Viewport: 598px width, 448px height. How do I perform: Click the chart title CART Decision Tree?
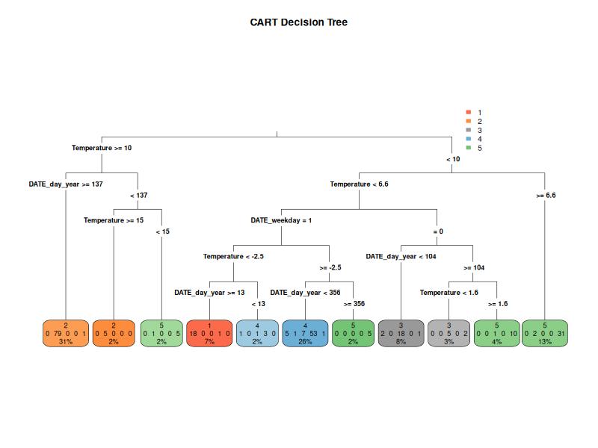click(298, 22)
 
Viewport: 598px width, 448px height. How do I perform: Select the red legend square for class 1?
click(469, 112)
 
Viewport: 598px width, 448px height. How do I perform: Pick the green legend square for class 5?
click(469, 148)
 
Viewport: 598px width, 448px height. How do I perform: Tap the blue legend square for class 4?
click(469, 139)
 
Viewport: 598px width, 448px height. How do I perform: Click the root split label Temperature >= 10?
click(102, 148)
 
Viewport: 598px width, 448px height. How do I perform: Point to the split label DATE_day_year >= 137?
click(66, 184)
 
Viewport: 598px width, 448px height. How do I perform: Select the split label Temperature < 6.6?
click(359, 184)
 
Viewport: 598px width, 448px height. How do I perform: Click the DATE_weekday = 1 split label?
click(281, 220)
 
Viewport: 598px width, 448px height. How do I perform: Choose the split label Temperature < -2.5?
click(233, 256)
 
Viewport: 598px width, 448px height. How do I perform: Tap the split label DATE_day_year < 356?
click(305, 293)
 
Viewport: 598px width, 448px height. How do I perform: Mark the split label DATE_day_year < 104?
click(401, 256)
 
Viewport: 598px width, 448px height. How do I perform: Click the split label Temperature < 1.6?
click(449, 293)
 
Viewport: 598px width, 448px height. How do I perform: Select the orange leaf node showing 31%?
click(66, 333)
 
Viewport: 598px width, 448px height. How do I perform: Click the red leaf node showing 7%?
click(209, 333)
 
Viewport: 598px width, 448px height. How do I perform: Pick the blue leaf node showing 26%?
click(305, 333)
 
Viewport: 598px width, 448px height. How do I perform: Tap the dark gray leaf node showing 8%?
click(401, 333)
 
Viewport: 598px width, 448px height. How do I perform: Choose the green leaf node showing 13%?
click(545, 333)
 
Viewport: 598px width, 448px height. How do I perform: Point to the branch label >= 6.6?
click(546, 196)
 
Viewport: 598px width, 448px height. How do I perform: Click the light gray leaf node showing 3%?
click(449, 333)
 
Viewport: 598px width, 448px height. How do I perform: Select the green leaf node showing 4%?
click(497, 333)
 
